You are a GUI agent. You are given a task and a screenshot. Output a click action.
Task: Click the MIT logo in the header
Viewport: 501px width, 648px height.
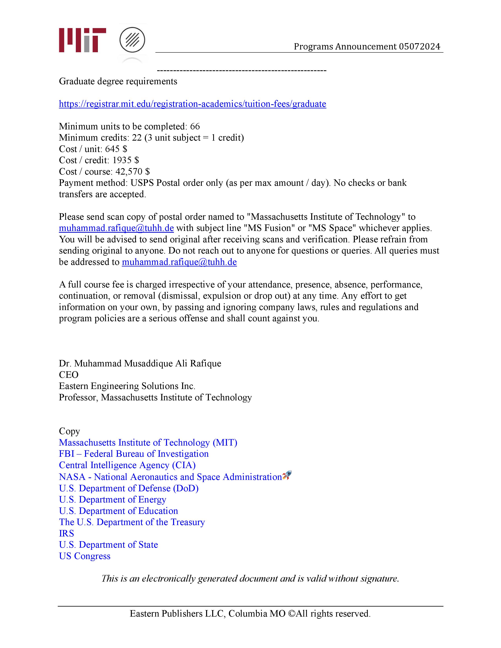[x=82, y=40]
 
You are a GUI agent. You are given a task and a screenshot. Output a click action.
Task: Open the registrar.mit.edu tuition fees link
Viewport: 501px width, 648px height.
[x=192, y=104]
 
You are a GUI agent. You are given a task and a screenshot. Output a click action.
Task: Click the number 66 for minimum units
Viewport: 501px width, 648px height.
[x=195, y=126]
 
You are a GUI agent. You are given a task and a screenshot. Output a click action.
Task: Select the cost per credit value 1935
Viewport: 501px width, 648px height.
[x=122, y=160]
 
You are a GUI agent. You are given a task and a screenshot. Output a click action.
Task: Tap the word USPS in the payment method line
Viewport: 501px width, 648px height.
[x=142, y=183]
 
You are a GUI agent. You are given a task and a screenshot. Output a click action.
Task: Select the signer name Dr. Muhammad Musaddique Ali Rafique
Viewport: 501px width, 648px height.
[x=140, y=363]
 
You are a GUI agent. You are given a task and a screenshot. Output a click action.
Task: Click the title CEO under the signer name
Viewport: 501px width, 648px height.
[x=69, y=375]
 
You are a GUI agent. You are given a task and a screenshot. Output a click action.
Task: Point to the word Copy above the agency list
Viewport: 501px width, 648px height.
[x=69, y=431]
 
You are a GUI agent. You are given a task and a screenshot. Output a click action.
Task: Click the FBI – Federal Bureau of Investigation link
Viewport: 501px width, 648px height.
[x=134, y=454]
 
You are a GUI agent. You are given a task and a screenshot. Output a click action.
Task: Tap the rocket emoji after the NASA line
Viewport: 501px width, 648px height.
[x=287, y=476]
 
